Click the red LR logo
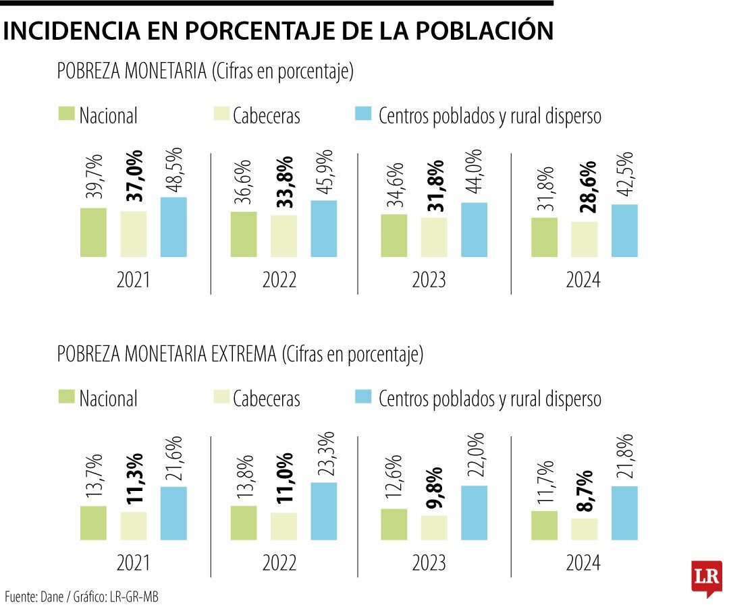pyautogui.click(x=707, y=577)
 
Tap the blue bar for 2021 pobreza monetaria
pyautogui.click(x=173, y=227)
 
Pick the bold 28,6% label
pyautogui.click(x=585, y=187)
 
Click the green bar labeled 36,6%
pyautogui.click(x=244, y=234)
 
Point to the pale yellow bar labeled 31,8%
pyautogui.click(x=434, y=237)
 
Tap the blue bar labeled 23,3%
pyautogui.click(x=324, y=511)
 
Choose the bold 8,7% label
pyautogui.click(x=585, y=490)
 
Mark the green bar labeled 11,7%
pyautogui.click(x=544, y=525)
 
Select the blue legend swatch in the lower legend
pyautogui.click(x=362, y=397)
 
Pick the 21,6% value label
pyautogui.click(x=174, y=457)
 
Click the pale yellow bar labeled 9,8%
pyautogui.click(x=434, y=527)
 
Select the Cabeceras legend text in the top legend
pyautogui.click(x=267, y=116)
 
